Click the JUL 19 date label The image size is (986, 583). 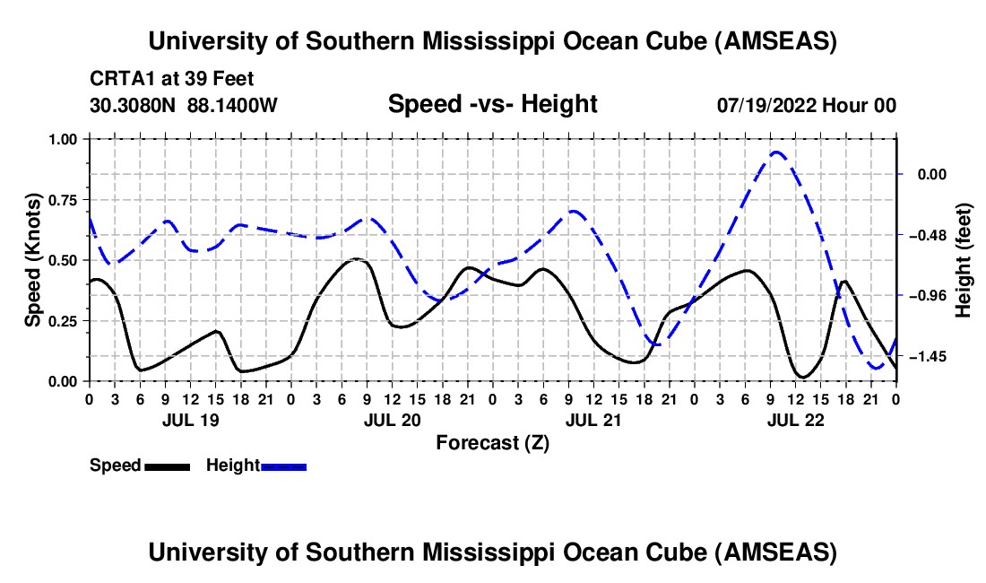[x=190, y=420]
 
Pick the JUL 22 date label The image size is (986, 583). [x=795, y=420]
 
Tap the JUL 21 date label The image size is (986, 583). [x=593, y=420]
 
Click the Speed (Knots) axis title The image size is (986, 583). [x=33, y=259]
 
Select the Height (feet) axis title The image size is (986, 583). [x=964, y=259]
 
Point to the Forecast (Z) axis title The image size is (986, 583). [x=492, y=442]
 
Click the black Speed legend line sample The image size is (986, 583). [x=167, y=466]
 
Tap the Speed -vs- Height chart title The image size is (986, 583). [x=492, y=104]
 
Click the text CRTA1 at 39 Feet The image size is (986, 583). [x=158, y=79]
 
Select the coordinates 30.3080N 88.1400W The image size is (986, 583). [x=184, y=105]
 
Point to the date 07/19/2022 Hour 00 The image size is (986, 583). [x=806, y=105]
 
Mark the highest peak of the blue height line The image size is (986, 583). [x=776, y=152]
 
